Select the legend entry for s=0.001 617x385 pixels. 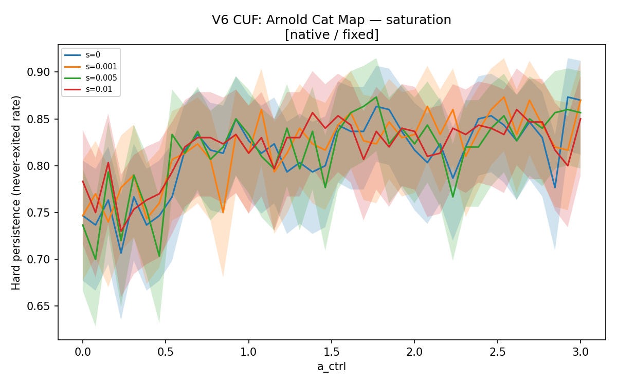coord(90,67)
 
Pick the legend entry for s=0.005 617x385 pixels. coord(90,78)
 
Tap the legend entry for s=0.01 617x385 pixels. coord(88,89)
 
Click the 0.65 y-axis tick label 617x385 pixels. coord(38,306)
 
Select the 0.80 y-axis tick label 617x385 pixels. coord(38,166)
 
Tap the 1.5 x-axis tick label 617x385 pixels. coord(331,352)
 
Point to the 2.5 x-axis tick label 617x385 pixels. coord(498,352)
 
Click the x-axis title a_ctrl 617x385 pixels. coord(332,367)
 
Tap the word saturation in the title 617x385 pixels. coord(419,20)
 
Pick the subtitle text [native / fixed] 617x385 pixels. coord(332,35)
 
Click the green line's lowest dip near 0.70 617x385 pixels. coord(96,259)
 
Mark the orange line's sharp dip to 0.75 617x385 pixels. coord(223,213)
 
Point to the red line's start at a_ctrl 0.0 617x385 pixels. coord(83,181)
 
